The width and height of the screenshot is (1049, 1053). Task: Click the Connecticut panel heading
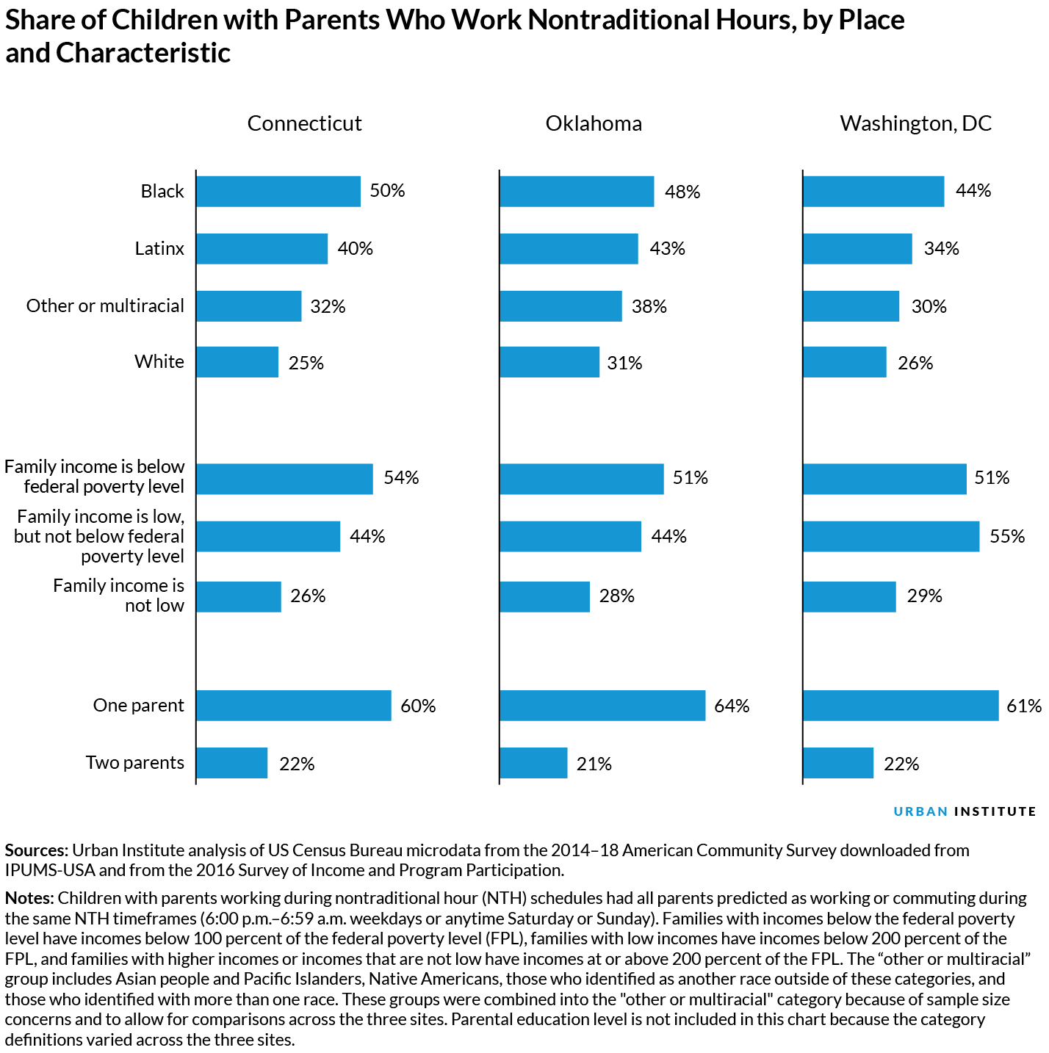tap(304, 123)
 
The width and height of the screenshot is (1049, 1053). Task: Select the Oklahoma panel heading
tap(594, 123)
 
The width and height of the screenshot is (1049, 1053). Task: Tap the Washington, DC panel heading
tap(915, 123)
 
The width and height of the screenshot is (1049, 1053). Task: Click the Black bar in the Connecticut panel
tap(278, 191)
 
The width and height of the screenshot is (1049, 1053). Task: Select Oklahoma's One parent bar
tap(602, 706)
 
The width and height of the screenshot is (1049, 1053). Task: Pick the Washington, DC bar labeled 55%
tap(891, 536)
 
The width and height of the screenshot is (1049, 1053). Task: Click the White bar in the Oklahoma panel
tap(549, 362)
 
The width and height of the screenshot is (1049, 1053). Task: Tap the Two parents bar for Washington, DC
tap(838, 763)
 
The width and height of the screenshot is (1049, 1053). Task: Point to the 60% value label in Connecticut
tap(418, 706)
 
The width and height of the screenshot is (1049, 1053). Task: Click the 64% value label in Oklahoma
tap(732, 706)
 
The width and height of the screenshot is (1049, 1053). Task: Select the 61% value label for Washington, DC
tap(1024, 706)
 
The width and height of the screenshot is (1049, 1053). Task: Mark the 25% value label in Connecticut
tap(306, 362)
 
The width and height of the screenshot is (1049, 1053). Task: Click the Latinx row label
tap(159, 248)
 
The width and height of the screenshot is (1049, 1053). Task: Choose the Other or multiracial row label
tap(105, 305)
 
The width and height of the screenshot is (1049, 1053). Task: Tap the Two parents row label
tap(134, 762)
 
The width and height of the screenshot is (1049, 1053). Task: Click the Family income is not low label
tap(118, 596)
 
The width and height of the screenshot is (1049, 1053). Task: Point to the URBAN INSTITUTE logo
tap(965, 811)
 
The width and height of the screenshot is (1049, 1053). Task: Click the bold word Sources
tap(36, 850)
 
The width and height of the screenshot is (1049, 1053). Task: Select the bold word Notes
tap(29, 898)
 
